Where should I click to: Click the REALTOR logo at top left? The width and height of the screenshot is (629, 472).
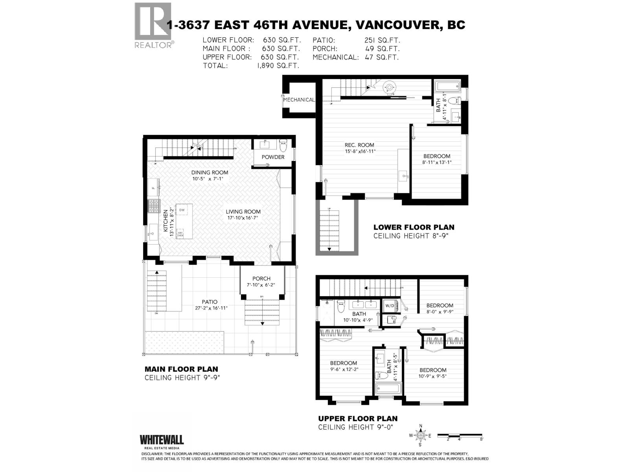tap(153, 25)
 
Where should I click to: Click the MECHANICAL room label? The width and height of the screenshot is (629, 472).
tap(299, 100)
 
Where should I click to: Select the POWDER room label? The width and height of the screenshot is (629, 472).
tap(273, 157)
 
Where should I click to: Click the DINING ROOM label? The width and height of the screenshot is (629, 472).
tap(210, 172)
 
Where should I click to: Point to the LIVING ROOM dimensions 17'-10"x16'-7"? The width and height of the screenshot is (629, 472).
tap(243, 218)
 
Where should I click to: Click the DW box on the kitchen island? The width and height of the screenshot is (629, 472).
tap(182, 210)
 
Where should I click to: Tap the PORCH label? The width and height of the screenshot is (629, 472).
tap(261, 278)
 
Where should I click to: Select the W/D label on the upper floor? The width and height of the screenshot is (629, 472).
tap(390, 306)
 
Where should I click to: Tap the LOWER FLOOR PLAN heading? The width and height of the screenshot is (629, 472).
tap(414, 227)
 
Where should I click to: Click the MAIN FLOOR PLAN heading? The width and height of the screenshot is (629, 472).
tap(181, 369)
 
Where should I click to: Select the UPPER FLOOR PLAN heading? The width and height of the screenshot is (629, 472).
tap(358, 419)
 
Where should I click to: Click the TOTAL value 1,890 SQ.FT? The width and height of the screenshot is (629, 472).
tap(278, 66)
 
